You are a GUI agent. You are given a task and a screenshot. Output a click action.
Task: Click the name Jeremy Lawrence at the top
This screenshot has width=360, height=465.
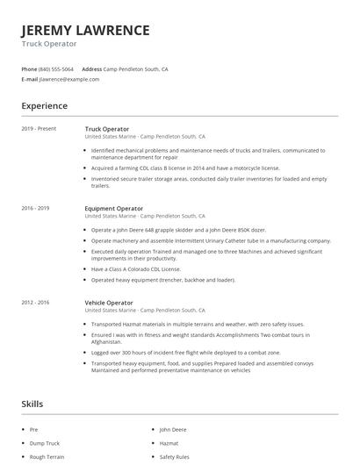point(85,30)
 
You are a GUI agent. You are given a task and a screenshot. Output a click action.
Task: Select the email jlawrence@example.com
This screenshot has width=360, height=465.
point(69,79)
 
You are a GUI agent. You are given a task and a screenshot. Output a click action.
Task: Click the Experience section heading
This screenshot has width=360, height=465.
point(44,106)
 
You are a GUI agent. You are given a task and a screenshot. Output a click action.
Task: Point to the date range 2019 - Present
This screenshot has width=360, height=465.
point(39,129)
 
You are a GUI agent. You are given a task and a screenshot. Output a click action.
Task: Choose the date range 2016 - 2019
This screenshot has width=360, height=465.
point(36,208)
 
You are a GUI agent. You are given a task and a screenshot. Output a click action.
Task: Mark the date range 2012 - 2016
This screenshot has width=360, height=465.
point(36,303)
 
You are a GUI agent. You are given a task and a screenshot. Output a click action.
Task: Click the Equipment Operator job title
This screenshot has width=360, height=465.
point(113,208)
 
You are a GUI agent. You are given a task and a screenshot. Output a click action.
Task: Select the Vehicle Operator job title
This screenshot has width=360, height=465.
point(109,303)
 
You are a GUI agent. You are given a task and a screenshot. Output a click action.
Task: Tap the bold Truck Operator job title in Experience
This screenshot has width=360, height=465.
point(106,129)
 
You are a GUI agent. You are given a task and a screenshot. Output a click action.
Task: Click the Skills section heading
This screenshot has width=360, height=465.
point(32,405)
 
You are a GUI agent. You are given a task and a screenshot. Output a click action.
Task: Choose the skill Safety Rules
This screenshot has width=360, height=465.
point(174,457)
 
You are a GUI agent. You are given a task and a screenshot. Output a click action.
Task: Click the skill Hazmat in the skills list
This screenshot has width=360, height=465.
point(169,444)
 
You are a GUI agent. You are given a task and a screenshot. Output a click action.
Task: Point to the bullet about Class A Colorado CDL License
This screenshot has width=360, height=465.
point(147,270)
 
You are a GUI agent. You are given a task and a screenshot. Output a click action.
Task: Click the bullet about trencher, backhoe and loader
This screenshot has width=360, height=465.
point(163,280)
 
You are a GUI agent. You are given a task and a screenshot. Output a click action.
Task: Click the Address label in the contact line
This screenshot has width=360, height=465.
point(91,68)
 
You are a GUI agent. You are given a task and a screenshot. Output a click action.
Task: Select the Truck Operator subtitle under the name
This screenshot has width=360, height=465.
point(49,43)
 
